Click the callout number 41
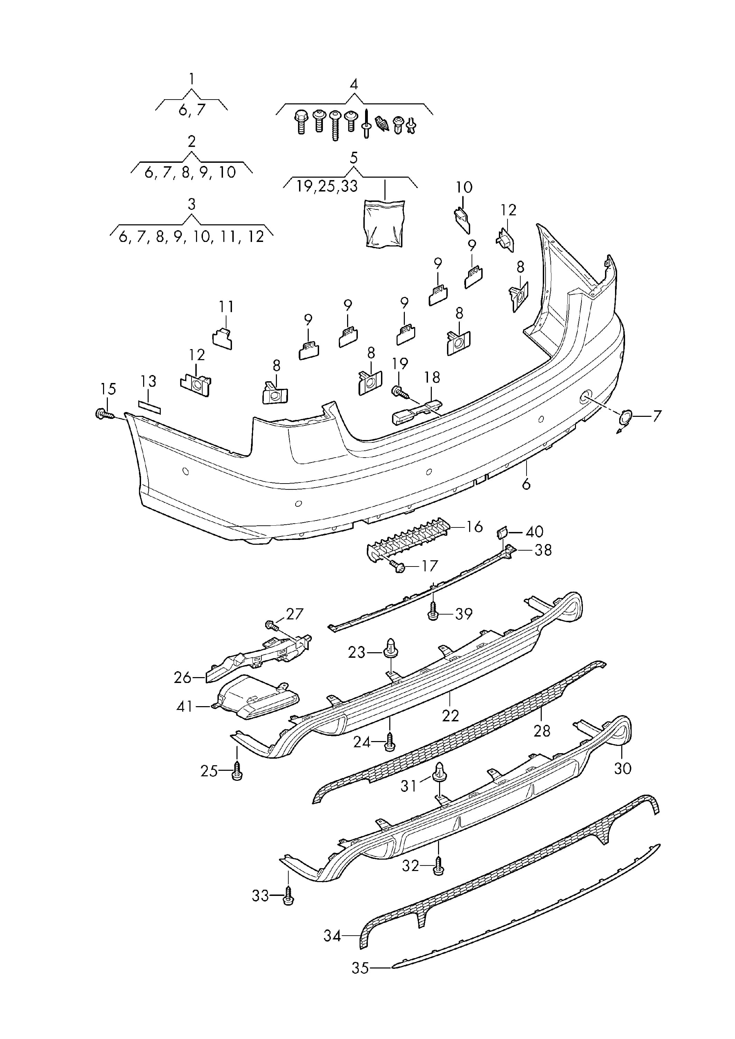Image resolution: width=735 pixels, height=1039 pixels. [184, 706]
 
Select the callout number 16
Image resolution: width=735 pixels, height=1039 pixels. [475, 527]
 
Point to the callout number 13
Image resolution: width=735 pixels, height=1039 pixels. [148, 381]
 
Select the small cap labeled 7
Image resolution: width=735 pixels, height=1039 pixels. [625, 418]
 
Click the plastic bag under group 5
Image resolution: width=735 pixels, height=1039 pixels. [384, 224]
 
